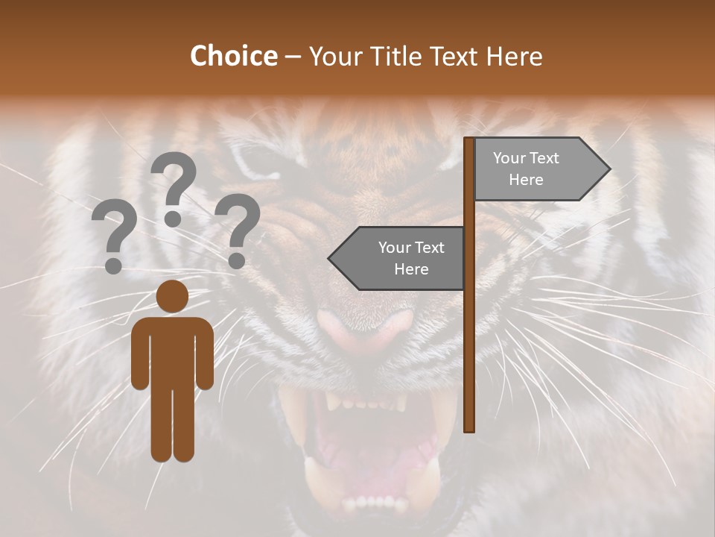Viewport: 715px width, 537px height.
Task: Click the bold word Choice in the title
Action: pyautogui.click(x=233, y=56)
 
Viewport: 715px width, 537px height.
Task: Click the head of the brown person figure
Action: pyautogui.click(x=172, y=297)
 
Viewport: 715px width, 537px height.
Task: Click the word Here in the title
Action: pyautogui.click(x=514, y=56)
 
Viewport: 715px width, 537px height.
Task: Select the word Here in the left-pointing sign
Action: pyautogui.click(x=411, y=269)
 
